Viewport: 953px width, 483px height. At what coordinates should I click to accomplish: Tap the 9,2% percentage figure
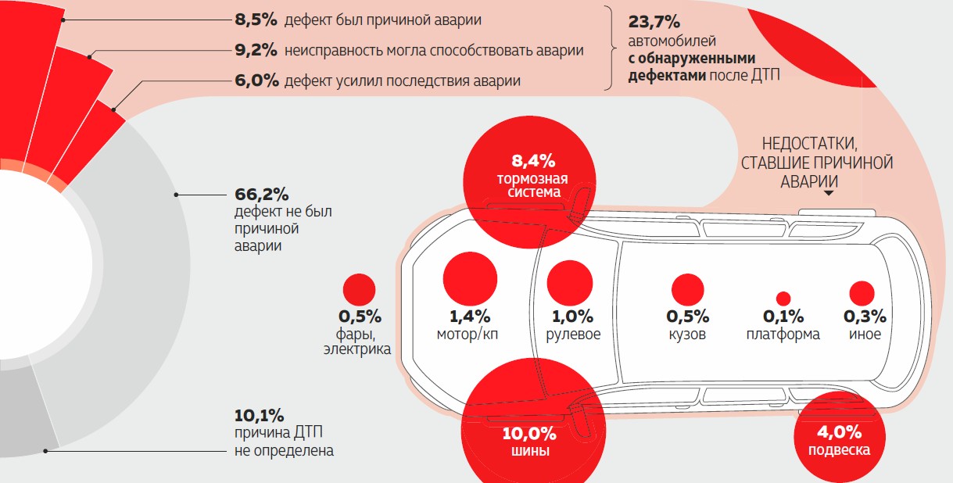256,51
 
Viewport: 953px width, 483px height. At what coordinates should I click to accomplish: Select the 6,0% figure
256,80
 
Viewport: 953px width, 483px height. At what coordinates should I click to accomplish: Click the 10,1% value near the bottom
258,415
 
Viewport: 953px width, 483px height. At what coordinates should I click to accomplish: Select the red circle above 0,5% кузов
687,290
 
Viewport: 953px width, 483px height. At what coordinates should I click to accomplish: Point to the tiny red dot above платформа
783,299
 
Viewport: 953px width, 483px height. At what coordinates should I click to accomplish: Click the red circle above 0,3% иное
862,293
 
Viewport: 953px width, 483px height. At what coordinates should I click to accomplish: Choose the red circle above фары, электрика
359,289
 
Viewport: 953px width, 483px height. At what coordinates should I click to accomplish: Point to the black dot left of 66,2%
177,193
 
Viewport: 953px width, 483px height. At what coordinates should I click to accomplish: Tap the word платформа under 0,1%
783,335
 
